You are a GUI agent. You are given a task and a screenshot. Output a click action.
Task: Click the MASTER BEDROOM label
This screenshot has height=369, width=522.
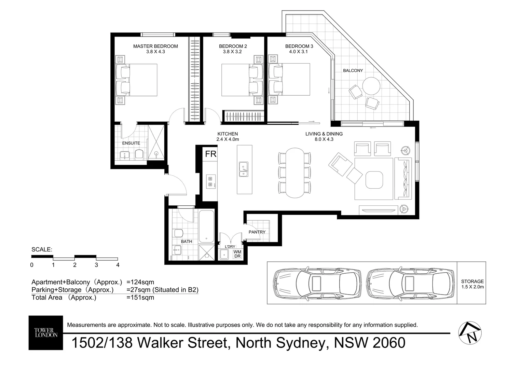coord(155,46)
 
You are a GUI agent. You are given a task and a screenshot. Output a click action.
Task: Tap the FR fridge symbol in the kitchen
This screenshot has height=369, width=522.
coord(211,154)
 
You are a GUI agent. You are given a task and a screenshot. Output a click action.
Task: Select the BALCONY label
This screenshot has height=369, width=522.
coord(353,70)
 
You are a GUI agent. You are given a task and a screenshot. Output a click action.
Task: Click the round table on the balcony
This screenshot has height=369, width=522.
coord(371,86)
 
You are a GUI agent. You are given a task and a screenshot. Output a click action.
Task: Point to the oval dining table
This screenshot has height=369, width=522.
coord(295,173)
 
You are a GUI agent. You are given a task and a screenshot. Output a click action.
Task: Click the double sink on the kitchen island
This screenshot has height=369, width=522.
coord(244,169)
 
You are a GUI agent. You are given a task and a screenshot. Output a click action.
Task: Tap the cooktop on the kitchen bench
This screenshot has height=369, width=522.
coord(211,181)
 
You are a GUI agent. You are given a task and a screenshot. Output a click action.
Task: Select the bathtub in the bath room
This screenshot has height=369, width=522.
coord(206,226)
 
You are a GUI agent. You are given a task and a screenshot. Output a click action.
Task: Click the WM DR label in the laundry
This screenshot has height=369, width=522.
coord(237,254)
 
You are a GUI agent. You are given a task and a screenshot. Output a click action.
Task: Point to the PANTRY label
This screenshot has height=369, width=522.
coord(257,232)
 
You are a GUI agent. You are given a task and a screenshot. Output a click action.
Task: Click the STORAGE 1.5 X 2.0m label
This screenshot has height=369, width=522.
coord(472,284)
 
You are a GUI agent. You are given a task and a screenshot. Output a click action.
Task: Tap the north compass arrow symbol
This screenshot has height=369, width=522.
coord(470,333)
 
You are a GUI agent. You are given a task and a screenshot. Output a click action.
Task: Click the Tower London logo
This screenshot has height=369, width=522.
coord(46,333)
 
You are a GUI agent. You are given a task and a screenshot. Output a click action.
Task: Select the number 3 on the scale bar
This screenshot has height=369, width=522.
coord(96,265)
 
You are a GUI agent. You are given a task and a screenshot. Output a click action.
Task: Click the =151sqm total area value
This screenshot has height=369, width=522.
coord(140,298)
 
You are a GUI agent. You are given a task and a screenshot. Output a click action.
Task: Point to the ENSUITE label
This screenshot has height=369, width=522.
coord(131,143)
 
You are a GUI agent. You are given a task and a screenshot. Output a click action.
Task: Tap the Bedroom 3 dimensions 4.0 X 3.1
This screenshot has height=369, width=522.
coord(298,52)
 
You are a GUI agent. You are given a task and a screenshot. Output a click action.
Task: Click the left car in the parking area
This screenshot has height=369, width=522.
coord(317,283)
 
